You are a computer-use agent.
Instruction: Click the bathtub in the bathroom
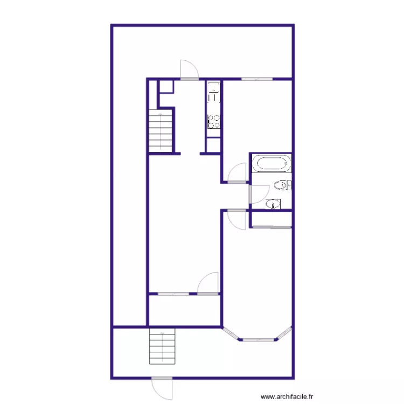[x=272, y=163]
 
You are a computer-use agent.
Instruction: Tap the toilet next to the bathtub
[x=282, y=186]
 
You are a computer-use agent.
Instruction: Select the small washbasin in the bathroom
[x=274, y=204]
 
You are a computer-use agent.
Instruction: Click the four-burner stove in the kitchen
[x=214, y=121]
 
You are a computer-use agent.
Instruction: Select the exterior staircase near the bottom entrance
[x=163, y=346]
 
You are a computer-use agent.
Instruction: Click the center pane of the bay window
[x=258, y=340]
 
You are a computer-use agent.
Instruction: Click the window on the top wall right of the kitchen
[x=257, y=79]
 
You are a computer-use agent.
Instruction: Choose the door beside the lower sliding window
[x=208, y=284]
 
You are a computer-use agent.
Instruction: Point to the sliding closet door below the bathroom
[x=271, y=227]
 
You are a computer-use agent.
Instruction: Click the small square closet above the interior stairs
[x=166, y=87]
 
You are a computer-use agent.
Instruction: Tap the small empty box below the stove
[x=214, y=144]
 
